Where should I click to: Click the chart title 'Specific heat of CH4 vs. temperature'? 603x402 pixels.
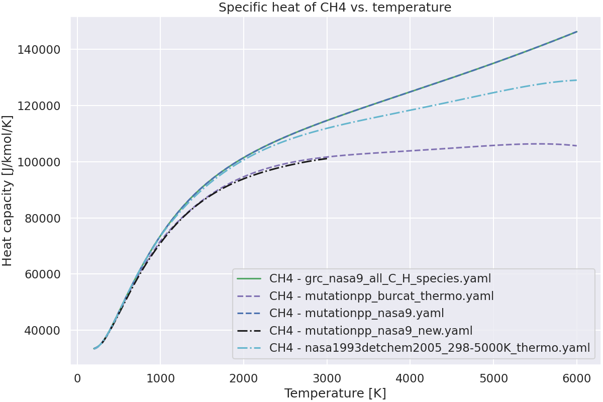point(335,8)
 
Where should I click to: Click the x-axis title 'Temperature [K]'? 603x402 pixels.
point(335,393)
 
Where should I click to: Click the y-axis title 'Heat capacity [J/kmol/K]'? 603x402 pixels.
point(8,190)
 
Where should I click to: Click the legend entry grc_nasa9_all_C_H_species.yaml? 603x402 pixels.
point(380,278)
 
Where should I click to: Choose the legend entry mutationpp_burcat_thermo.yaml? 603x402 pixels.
point(381,296)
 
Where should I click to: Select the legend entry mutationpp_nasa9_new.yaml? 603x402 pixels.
point(371,331)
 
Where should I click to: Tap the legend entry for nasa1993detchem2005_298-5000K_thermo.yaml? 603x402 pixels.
point(429,348)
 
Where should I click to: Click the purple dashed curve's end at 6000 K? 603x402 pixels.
point(576,146)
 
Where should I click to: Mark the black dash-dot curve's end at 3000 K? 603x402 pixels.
point(327,158)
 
